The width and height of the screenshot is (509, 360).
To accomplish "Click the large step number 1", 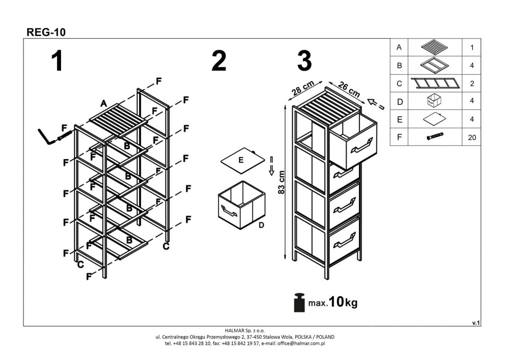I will tap(57, 61).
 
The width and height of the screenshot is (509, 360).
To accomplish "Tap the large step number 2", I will tap(219, 61).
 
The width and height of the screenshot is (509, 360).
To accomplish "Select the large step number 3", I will tap(305, 61).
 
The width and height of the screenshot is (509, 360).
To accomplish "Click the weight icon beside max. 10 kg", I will tap(300, 302).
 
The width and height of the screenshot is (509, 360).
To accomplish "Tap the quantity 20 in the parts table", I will tap(472, 138).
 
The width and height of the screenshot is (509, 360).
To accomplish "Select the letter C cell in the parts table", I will tap(399, 84).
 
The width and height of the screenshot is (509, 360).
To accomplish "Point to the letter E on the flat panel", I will tap(241, 160).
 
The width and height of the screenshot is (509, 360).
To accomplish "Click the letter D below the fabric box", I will tap(261, 225).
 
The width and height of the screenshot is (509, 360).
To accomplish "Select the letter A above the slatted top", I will tap(103, 103).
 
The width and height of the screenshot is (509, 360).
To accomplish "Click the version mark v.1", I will tap(475, 323).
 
